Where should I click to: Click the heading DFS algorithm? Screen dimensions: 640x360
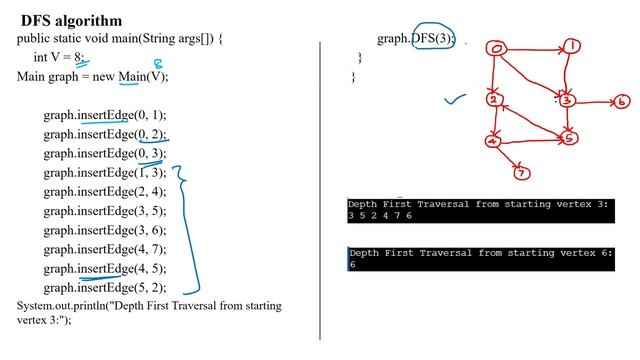click(69, 20)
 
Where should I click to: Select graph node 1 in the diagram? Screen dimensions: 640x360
click(569, 45)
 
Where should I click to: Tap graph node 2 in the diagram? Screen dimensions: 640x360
click(493, 99)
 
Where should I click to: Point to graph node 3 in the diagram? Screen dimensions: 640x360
click(566, 100)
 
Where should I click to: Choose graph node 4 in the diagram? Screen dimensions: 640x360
click(492, 141)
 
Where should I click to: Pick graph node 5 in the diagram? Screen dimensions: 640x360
click(568, 138)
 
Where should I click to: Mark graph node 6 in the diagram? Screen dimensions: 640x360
click(621, 101)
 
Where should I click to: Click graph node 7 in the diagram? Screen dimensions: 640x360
click(521, 173)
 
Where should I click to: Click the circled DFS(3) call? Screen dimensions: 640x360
click(433, 39)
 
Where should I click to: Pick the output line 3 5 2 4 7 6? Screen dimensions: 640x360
click(381, 215)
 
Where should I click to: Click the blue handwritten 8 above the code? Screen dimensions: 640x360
click(157, 64)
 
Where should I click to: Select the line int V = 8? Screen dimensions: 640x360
click(60, 57)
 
